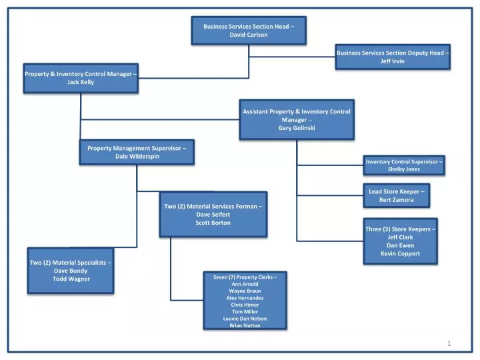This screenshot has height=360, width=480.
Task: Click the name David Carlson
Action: [x=248, y=35]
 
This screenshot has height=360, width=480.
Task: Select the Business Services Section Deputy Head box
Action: [x=392, y=57]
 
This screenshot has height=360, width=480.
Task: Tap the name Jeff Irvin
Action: [x=392, y=61]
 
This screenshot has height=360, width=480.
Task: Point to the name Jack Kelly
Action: [x=81, y=82]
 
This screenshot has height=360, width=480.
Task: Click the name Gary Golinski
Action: [x=297, y=128]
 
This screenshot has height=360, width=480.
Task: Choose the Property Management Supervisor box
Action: [x=137, y=152]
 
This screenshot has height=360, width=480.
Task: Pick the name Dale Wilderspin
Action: [x=137, y=156]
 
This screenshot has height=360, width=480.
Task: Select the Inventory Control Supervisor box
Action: [x=404, y=165]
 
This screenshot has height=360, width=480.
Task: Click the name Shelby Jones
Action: [x=404, y=169]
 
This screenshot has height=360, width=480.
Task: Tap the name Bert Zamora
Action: [x=397, y=200]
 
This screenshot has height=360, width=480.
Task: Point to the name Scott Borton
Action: [x=213, y=223]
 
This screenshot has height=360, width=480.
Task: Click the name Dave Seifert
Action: [x=213, y=214]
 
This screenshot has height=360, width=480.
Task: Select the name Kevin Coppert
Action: [x=401, y=253]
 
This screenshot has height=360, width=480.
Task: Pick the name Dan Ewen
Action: [x=401, y=245]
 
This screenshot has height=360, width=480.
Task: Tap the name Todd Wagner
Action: [x=71, y=279]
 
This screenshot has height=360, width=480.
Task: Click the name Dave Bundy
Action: [x=71, y=271]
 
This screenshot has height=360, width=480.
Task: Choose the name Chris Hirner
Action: [x=246, y=305]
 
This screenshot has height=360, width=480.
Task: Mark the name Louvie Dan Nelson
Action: [x=246, y=319]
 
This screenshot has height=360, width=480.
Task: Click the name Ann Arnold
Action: [x=245, y=284]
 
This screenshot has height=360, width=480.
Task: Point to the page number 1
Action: [x=449, y=343]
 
